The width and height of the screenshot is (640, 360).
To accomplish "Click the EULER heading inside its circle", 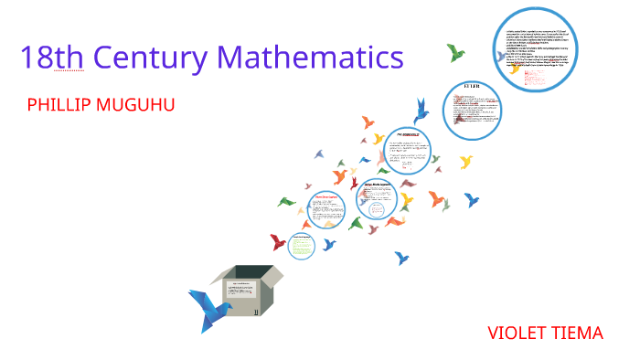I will pos(473,88).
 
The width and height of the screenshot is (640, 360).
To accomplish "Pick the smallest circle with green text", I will pos(302,243).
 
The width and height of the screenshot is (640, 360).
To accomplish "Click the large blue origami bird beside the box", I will pos(209,307).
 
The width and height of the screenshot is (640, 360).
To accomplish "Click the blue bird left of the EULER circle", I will pos(421,111).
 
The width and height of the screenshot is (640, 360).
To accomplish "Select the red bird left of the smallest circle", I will pos(278,241).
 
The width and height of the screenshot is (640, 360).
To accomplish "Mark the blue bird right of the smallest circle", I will pos(329,244).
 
